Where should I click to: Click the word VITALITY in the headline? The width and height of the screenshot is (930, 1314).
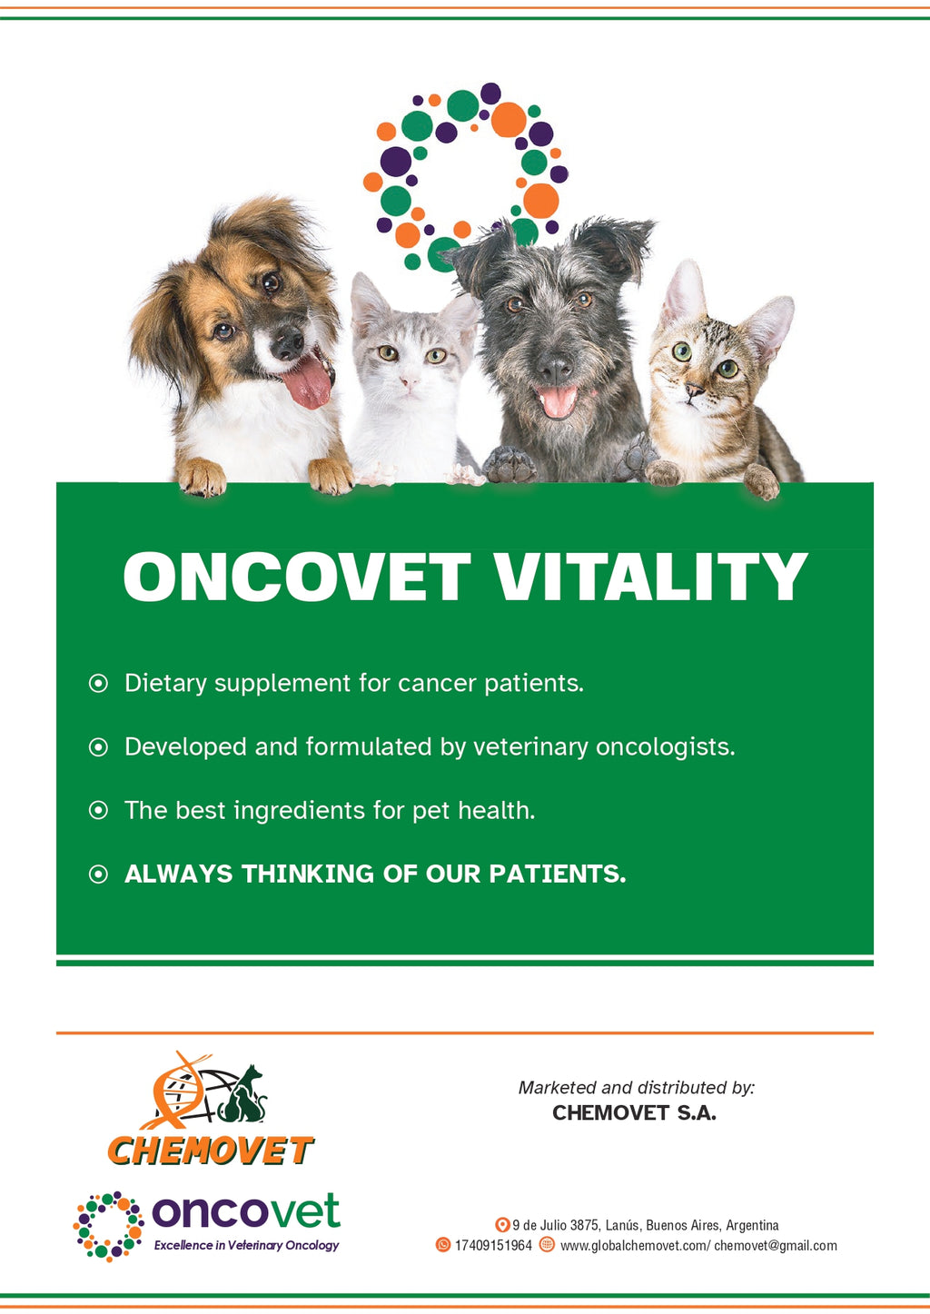click(x=649, y=578)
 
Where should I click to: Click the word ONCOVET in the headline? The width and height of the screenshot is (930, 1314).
click(x=297, y=578)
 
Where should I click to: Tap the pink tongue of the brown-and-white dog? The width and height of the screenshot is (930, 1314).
click(x=308, y=381)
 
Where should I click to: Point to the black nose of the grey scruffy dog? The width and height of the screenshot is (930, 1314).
click(x=553, y=367)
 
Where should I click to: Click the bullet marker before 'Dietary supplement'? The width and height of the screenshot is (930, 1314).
click(x=98, y=683)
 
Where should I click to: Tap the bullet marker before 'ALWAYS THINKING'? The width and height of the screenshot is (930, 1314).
click(x=98, y=874)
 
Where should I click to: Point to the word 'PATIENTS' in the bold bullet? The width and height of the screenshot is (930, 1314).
click(x=557, y=874)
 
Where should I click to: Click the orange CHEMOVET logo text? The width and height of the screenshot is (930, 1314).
click(x=210, y=1151)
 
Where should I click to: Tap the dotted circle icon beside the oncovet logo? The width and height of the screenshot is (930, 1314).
click(x=109, y=1226)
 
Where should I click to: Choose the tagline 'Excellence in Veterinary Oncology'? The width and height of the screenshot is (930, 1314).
click(x=246, y=1245)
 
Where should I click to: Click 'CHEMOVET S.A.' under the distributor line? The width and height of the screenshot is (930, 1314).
click(x=634, y=1113)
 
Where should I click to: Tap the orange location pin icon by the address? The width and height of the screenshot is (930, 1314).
click(x=501, y=1225)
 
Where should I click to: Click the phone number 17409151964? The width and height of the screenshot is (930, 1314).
click(x=493, y=1246)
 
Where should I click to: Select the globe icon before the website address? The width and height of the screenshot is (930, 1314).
click(x=547, y=1245)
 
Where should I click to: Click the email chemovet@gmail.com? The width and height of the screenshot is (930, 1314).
click(x=776, y=1246)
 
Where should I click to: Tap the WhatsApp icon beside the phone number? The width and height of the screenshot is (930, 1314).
click(x=443, y=1245)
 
